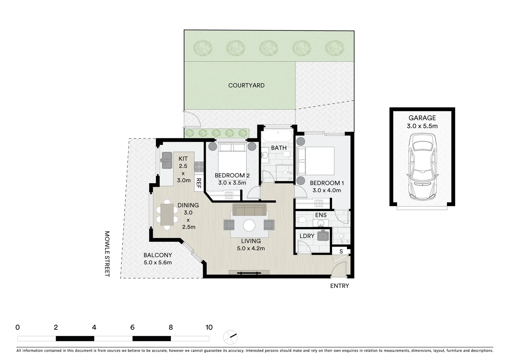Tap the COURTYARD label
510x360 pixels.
(246, 85)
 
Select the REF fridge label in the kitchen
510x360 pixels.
(198, 183)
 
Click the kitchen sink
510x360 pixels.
(166, 161)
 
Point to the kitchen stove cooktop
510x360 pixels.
(199, 167)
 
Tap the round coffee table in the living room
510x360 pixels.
(249, 226)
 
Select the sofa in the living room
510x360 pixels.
(249, 210)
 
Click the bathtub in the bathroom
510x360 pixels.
(277, 136)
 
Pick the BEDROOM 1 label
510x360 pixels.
(327, 183)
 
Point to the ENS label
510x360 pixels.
(321, 215)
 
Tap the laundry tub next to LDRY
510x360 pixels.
(323, 235)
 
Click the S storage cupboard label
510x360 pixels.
(341, 251)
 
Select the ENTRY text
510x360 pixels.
(339, 286)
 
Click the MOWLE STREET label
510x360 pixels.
(107, 254)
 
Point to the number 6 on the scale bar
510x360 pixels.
(132, 327)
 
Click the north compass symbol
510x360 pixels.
(230, 337)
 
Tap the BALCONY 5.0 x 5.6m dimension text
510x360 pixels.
(158, 262)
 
